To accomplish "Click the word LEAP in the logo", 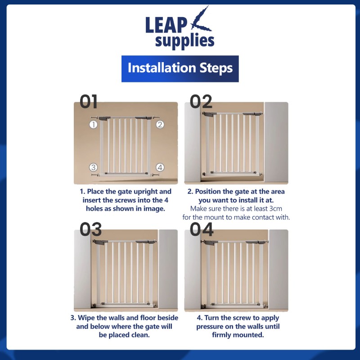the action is click(x=166, y=25).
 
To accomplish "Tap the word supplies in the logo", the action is click(x=184, y=41).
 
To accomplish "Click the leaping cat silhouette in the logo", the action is click(x=201, y=20).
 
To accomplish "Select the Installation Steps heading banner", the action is click(x=180, y=69).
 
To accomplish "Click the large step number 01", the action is click(x=89, y=102).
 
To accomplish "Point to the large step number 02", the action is click(x=201, y=102).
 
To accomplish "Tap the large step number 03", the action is click(x=90, y=229).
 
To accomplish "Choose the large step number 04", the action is click(x=202, y=229).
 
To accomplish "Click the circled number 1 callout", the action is click(x=93, y=125).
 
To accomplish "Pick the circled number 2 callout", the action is click(x=160, y=125).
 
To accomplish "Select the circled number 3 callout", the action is click(x=93, y=167).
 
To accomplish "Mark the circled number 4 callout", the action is click(x=160, y=167).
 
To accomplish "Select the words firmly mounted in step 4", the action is click(x=238, y=335).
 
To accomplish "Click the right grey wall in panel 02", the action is click(x=276, y=142).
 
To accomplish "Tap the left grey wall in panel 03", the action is click(x=83, y=269).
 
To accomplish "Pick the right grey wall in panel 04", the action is click(x=278, y=269).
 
